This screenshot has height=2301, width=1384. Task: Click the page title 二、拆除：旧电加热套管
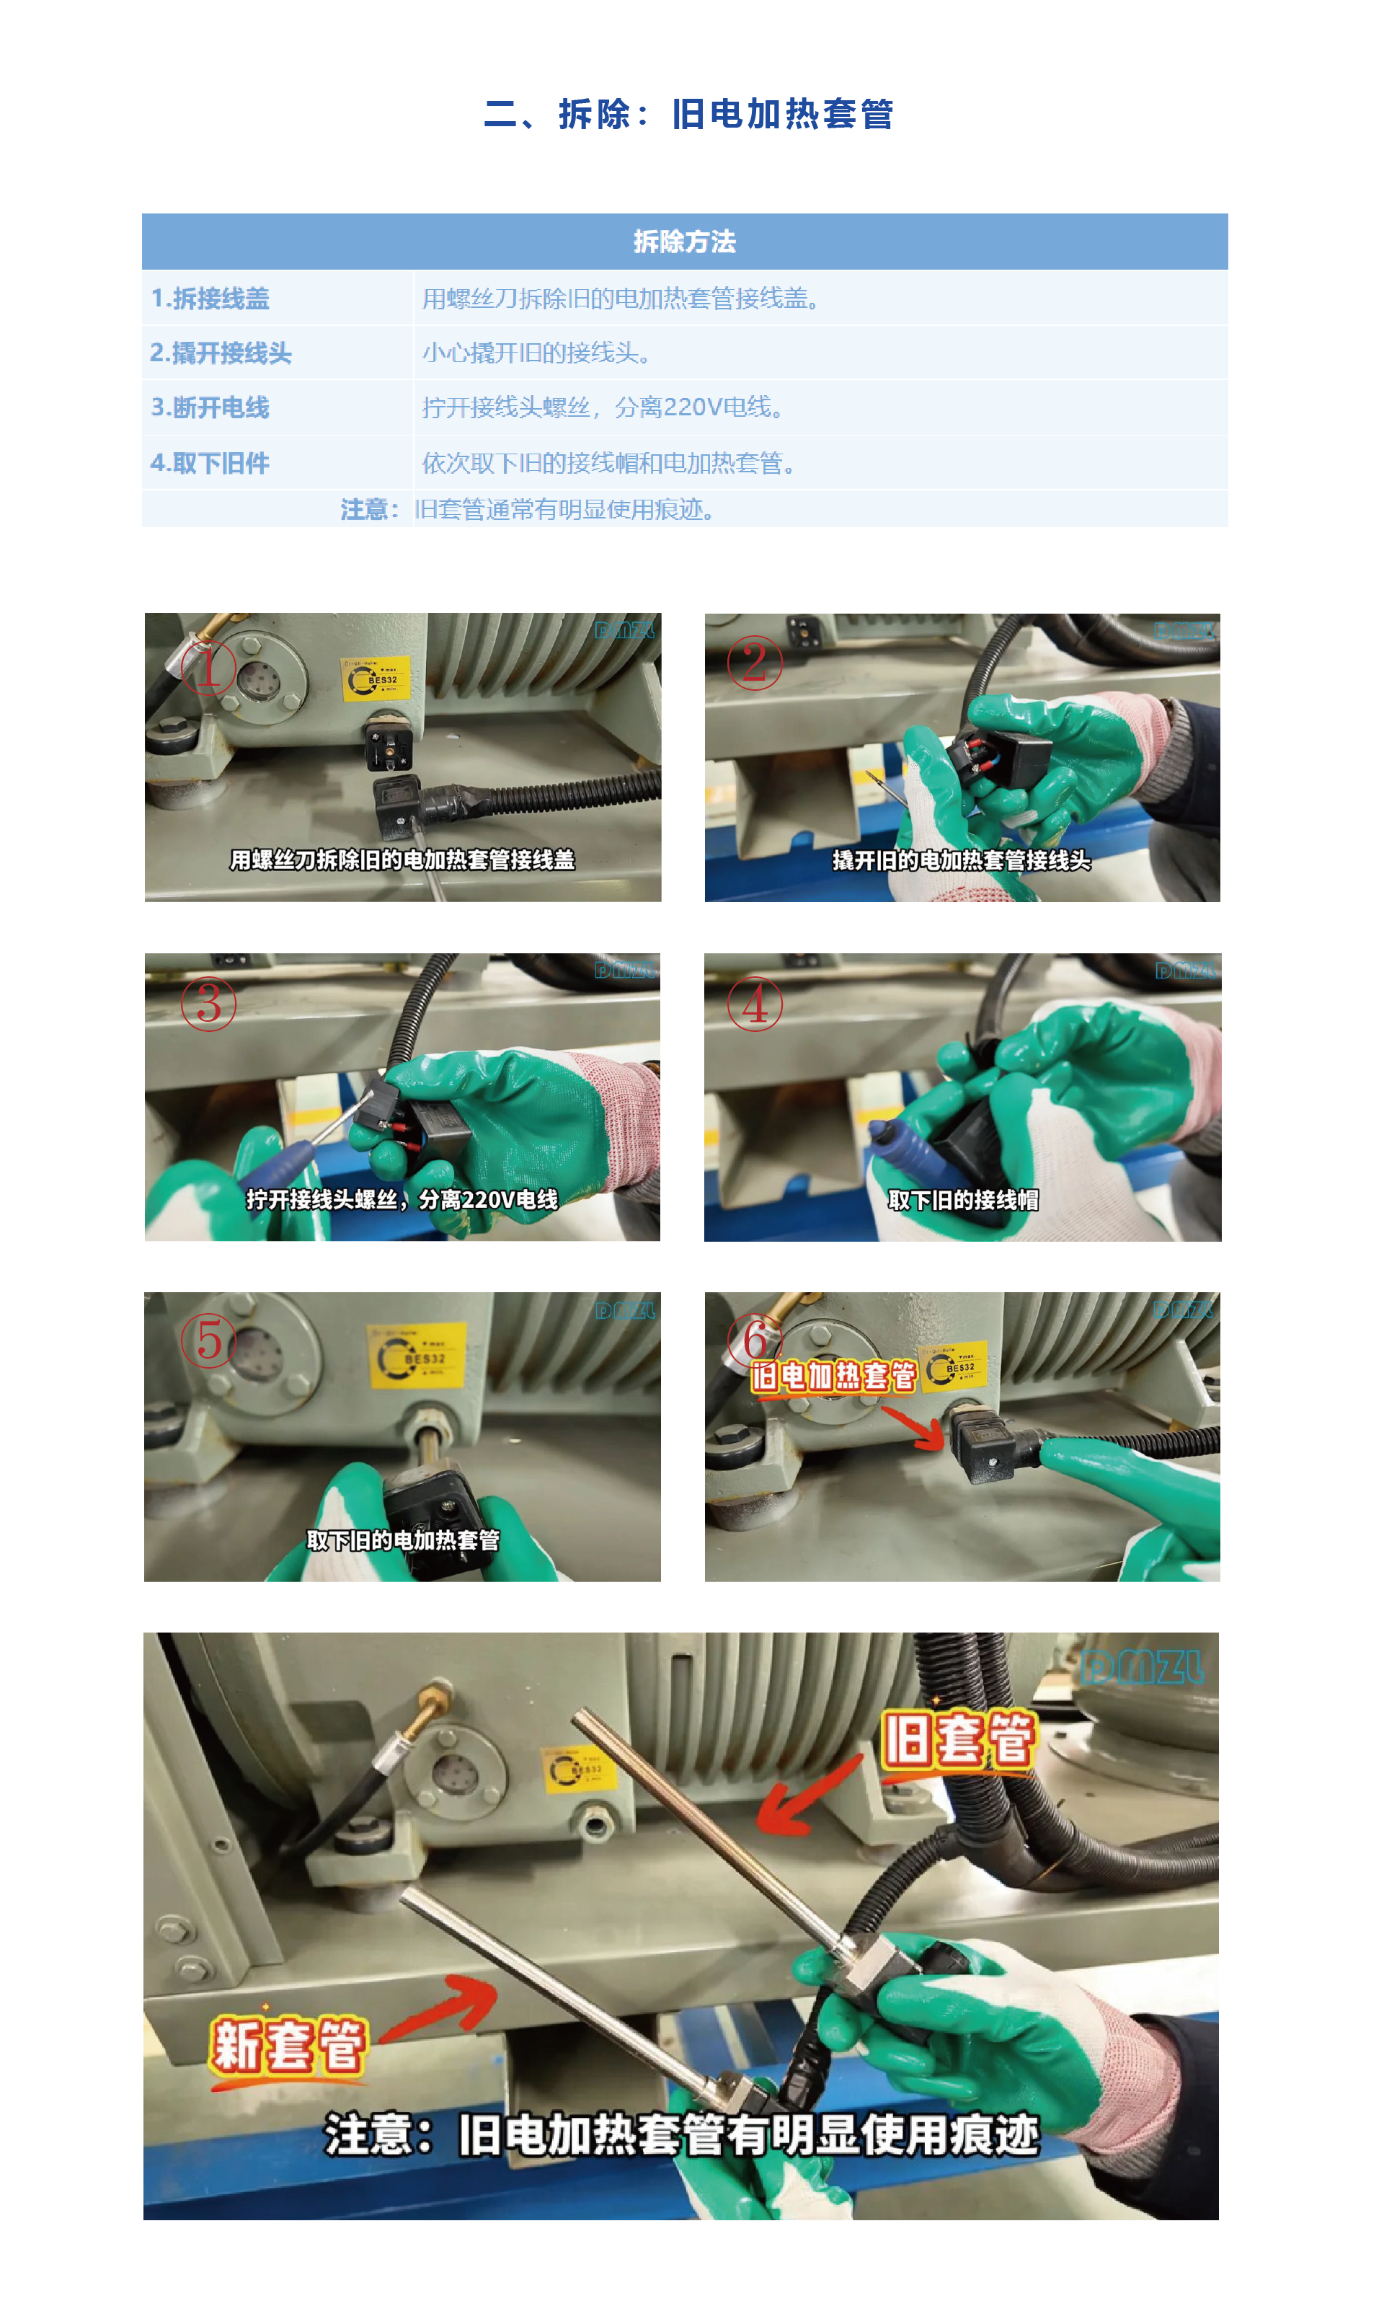click(x=688, y=114)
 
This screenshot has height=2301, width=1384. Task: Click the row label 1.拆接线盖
click(x=210, y=299)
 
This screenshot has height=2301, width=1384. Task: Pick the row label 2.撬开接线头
click(x=221, y=353)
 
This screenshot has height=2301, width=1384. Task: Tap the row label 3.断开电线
click(x=210, y=407)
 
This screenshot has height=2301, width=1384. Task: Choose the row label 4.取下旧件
click(x=210, y=463)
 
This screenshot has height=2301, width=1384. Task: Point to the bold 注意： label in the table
click(x=369, y=509)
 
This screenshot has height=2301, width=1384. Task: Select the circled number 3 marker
click(x=208, y=1004)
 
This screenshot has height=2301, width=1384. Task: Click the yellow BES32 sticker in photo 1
click(x=374, y=678)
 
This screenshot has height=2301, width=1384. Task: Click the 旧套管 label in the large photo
click(x=958, y=1739)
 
